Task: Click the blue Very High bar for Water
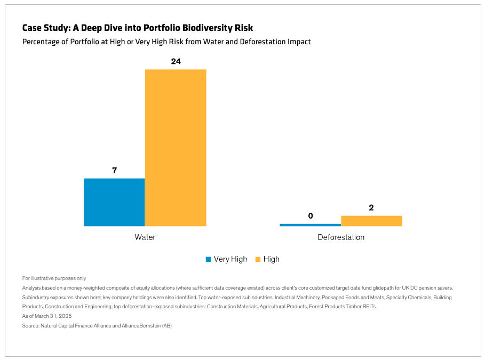pos(114,202)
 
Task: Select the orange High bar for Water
pos(176,148)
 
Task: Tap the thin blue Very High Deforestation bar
pos(310,225)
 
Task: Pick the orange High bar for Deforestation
pos(371,221)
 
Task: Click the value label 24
pos(176,61)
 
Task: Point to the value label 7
pos(114,171)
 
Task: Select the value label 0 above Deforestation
pos(310,216)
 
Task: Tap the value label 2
pos(371,207)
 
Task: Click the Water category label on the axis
pos(145,237)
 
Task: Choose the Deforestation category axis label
pos(340,237)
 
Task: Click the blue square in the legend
pos(209,259)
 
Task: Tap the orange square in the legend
pos(258,259)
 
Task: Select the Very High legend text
pos(230,259)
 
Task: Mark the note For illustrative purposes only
pos(54,278)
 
